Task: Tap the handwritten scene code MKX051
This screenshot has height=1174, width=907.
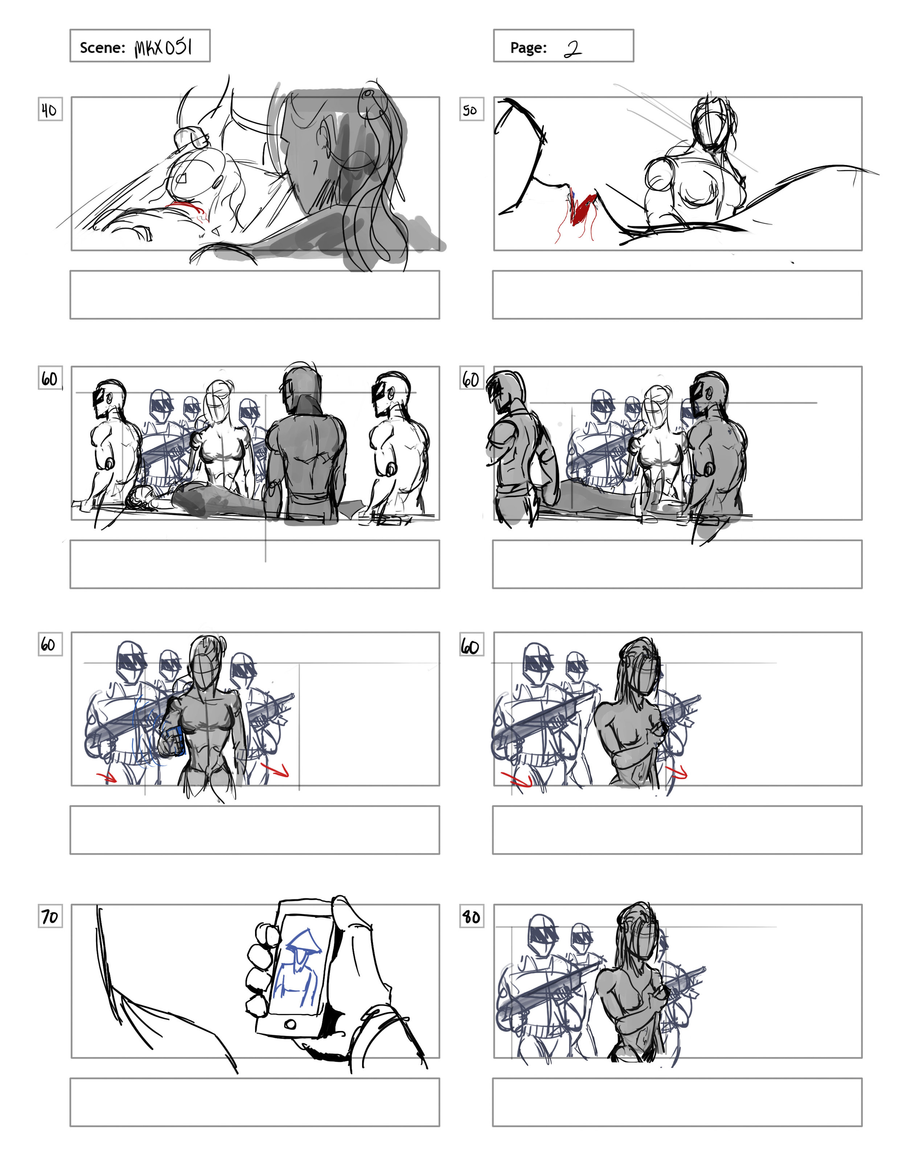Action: coord(163,47)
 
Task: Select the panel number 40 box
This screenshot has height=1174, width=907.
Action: coord(50,109)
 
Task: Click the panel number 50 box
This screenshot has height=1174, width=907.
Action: coord(471,109)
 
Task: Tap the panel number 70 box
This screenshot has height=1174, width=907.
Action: coord(50,916)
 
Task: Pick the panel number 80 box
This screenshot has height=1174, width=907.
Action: coord(471,916)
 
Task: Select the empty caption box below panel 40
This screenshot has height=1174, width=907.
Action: coord(255,295)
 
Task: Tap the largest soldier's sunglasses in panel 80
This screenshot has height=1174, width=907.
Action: coord(544,935)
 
